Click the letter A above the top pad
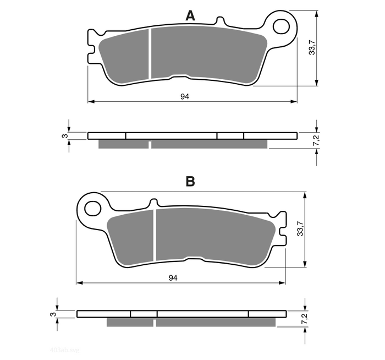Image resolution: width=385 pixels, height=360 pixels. click(190, 17)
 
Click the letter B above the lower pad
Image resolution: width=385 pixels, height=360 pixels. click(190, 182)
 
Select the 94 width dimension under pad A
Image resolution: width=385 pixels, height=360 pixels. click(185, 96)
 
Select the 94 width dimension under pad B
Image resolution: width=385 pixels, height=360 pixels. click(173, 279)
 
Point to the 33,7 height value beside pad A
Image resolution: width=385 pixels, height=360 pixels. click(312, 47)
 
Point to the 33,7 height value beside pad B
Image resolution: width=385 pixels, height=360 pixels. click(300, 229)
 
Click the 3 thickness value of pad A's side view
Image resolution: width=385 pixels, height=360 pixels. click(64, 135)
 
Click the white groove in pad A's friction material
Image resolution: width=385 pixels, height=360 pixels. click(150, 55)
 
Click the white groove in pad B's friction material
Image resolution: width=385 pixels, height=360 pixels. click(155, 234)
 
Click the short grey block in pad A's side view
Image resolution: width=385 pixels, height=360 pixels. click(123, 144)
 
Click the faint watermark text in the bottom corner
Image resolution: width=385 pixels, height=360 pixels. click(64, 350)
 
